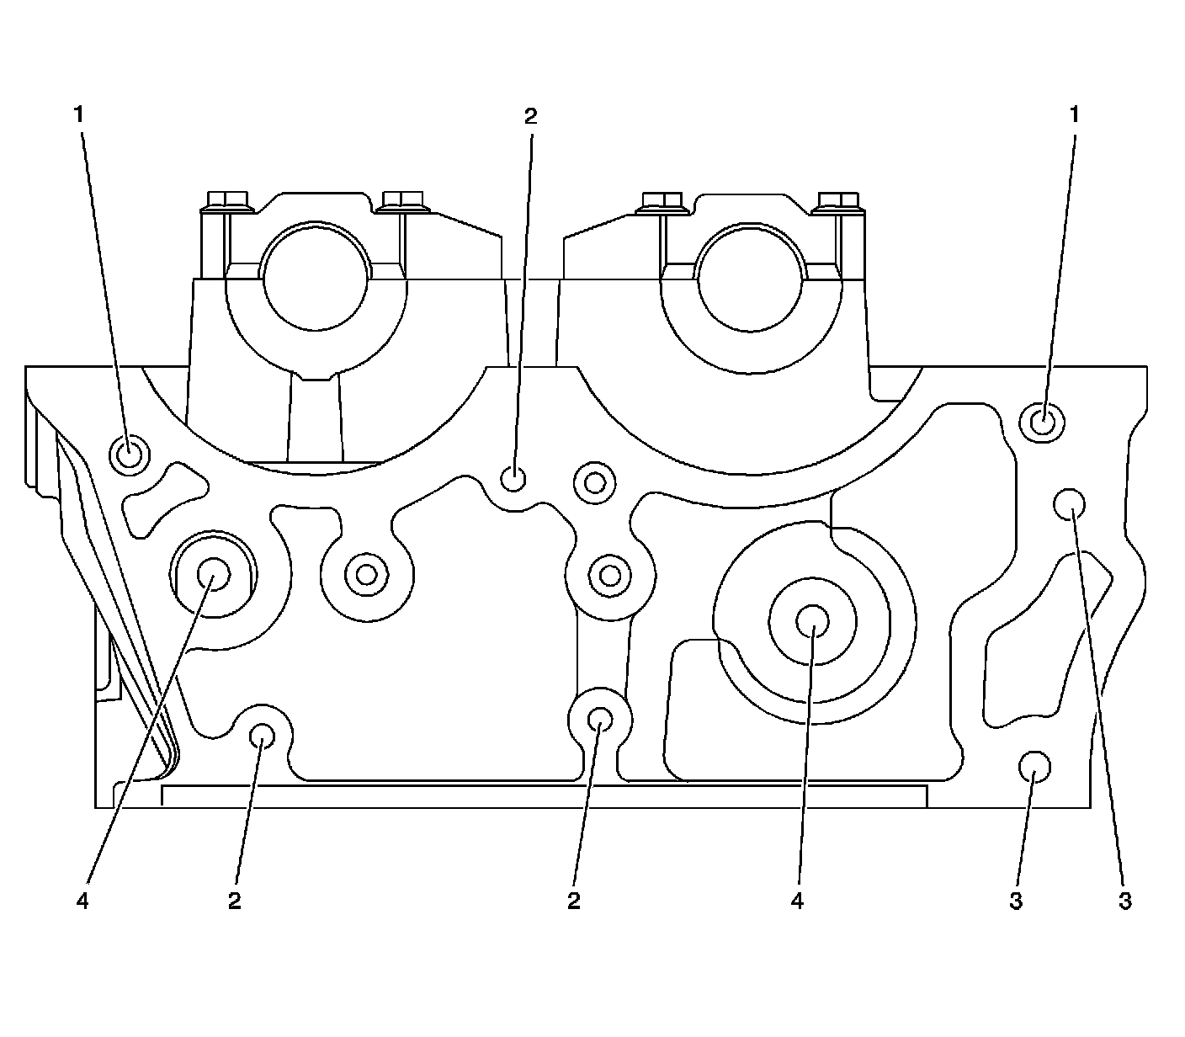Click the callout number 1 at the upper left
tap(80, 114)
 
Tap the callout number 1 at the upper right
tap(1074, 114)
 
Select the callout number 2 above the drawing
tap(530, 116)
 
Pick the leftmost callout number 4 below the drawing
tap(82, 901)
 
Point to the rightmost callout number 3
tap(1125, 901)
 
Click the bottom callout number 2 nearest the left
tap(235, 901)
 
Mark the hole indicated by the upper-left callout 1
tap(130, 455)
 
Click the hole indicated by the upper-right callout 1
tap(1042, 419)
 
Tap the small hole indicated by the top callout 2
tap(513, 479)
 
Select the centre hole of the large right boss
tap(812, 621)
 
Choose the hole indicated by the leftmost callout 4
tap(213, 575)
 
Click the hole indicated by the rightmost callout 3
tap(1070, 504)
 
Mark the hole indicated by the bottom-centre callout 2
tap(600, 718)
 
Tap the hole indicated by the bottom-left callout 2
tap(263, 736)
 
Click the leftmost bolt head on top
tap(225, 200)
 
